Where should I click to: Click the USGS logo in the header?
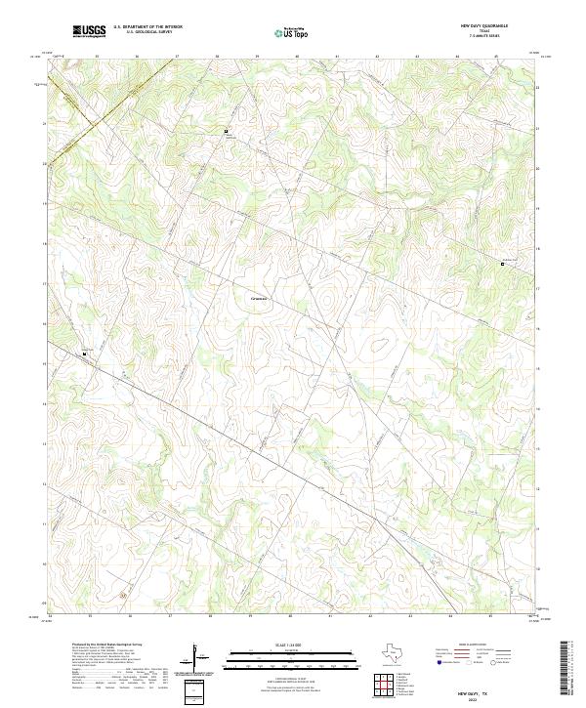90,31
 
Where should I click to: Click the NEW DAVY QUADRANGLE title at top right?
489,25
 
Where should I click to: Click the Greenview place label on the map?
259,297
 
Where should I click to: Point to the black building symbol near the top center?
227,131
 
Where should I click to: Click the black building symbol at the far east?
503,263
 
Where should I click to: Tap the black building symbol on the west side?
85,353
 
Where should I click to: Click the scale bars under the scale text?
275,661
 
